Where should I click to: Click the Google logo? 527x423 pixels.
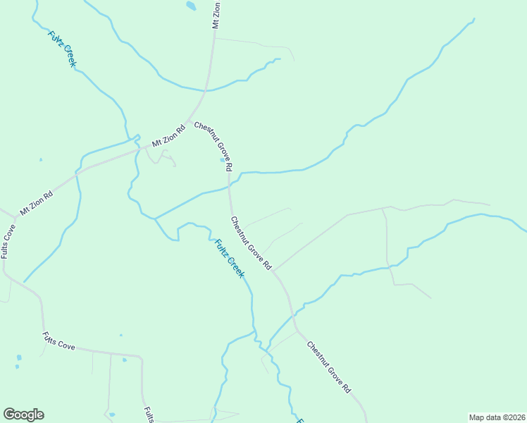point(23,415)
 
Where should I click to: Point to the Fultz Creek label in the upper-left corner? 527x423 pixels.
point(62,49)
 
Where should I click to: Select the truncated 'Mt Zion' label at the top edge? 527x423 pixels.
point(217,15)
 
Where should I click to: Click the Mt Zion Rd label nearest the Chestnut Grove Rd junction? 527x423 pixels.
point(168,136)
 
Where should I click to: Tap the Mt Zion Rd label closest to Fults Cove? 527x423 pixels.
point(37,203)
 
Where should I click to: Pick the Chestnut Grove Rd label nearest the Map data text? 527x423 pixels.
point(328,367)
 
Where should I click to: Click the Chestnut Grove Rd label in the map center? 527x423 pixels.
point(251,243)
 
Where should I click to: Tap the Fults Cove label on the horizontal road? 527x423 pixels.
point(58,341)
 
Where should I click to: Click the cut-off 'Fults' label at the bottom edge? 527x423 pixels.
point(149,415)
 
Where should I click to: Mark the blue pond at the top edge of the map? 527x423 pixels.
point(191,6)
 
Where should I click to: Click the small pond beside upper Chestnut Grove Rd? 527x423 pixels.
point(223,160)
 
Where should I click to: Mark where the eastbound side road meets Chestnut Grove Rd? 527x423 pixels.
point(274,270)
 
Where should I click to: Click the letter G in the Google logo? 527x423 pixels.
point(9,415)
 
